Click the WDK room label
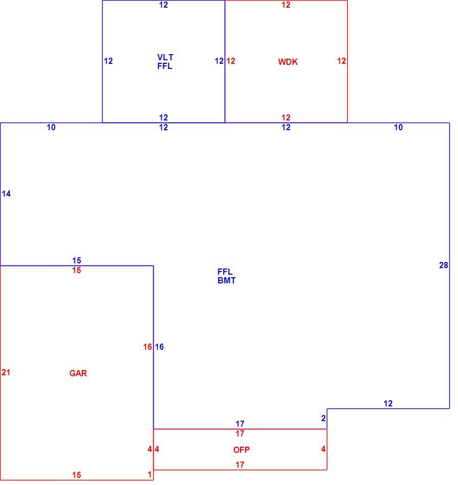(x=287, y=62)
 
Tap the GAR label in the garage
(x=78, y=373)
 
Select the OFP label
(x=241, y=450)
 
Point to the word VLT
(x=165, y=57)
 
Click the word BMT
(x=226, y=281)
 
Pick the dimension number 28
(x=444, y=265)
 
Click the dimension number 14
(x=6, y=193)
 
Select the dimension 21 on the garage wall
(x=6, y=372)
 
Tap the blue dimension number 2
(x=324, y=419)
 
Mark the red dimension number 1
(x=150, y=474)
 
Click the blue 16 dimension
(x=159, y=347)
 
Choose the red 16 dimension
(x=148, y=347)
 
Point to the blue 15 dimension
(x=77, y=260)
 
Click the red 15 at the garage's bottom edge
(x=77, y=475)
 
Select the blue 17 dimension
(x=239, y=424)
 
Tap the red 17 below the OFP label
(x=239, y=465)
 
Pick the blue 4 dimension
(x=157, y=449)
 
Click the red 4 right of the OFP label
(x=323, y=449)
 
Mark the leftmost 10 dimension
(x=51, y=127)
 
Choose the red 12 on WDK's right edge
(x=342, y=61)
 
